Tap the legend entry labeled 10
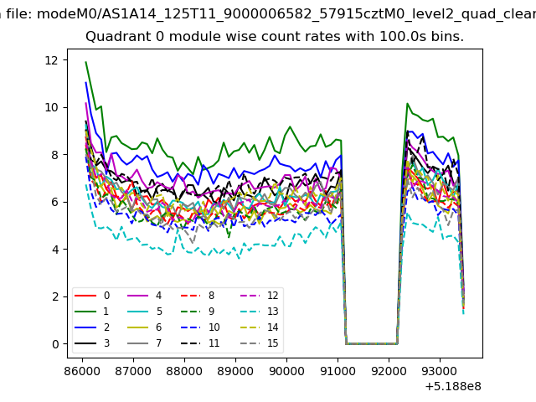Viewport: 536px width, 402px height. (x=200, y=327)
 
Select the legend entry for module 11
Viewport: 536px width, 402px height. (x=200, y=343)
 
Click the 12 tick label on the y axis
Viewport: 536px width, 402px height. (x=51, y=60)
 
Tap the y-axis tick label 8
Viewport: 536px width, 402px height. (x=55, y=155)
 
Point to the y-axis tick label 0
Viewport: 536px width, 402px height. (x=55, y=344)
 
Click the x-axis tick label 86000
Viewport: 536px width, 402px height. (x=82, y=371)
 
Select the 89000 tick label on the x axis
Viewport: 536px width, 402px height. (x=235, y=371)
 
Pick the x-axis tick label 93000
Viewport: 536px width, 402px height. (x=440, y=371)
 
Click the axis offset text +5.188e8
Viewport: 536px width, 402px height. (x=453, y=387)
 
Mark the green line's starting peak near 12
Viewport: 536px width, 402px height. (x=85, y=62)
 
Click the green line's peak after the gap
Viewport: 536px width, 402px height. (x=407, y=103)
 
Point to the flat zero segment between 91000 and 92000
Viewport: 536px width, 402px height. (x=372, y=343)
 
